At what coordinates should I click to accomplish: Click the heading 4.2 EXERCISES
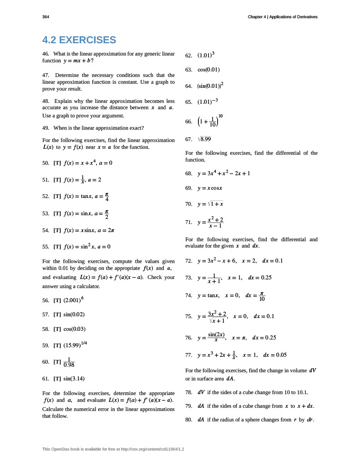point(79,40)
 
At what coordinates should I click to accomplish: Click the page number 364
point(46,17)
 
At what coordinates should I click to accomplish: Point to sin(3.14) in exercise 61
point(74,378)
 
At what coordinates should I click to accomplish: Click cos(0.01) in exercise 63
point(209,70)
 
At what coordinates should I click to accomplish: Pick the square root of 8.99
point(204,139)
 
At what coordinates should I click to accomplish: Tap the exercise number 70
point(189,204)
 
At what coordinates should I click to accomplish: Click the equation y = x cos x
point(210,188)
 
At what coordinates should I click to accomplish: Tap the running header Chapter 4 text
point(282,17)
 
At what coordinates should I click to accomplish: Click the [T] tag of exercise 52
point(57,196)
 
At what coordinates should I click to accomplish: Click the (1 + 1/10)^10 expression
point(210,121)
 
